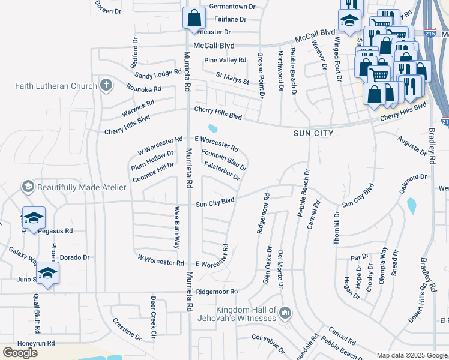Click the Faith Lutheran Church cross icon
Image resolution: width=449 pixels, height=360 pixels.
106,85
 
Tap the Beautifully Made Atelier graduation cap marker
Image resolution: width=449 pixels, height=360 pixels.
28,187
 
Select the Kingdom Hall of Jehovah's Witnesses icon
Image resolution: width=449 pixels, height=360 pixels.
285,313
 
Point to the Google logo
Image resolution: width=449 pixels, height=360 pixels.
20,353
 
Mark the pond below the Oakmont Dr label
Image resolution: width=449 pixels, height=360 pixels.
412,206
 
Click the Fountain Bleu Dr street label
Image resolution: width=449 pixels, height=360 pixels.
224,160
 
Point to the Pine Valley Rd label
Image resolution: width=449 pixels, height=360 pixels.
225,60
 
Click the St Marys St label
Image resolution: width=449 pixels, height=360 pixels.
232,78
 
